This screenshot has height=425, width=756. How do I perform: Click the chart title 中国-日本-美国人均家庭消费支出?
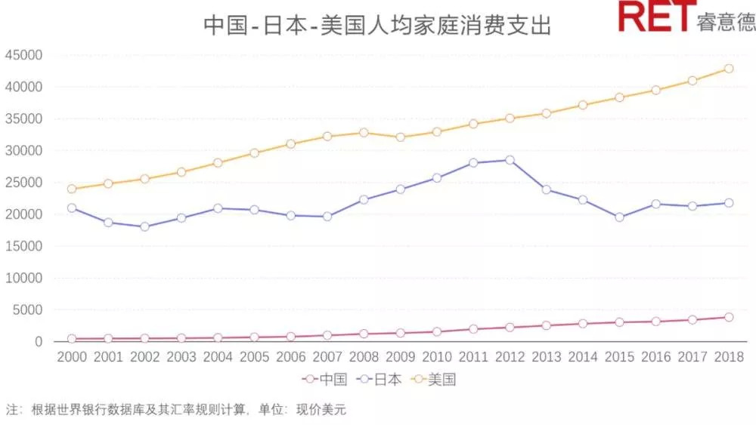377,26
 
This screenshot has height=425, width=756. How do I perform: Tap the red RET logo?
655,17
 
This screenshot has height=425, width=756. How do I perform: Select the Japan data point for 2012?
510,160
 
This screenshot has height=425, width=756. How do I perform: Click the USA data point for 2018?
729,68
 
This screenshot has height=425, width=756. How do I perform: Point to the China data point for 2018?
729,317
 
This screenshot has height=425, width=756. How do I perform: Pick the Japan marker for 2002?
144,226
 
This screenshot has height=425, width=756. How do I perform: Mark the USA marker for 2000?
72,189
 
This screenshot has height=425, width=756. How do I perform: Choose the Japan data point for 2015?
619,217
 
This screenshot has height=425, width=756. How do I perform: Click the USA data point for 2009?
400,137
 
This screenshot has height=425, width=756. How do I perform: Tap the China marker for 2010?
436,331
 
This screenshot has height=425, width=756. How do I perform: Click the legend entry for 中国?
325,379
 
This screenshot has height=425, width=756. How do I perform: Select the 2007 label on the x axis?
327,356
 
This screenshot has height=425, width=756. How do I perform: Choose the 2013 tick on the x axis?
546,356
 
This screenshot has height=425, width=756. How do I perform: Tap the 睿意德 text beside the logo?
726,22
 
